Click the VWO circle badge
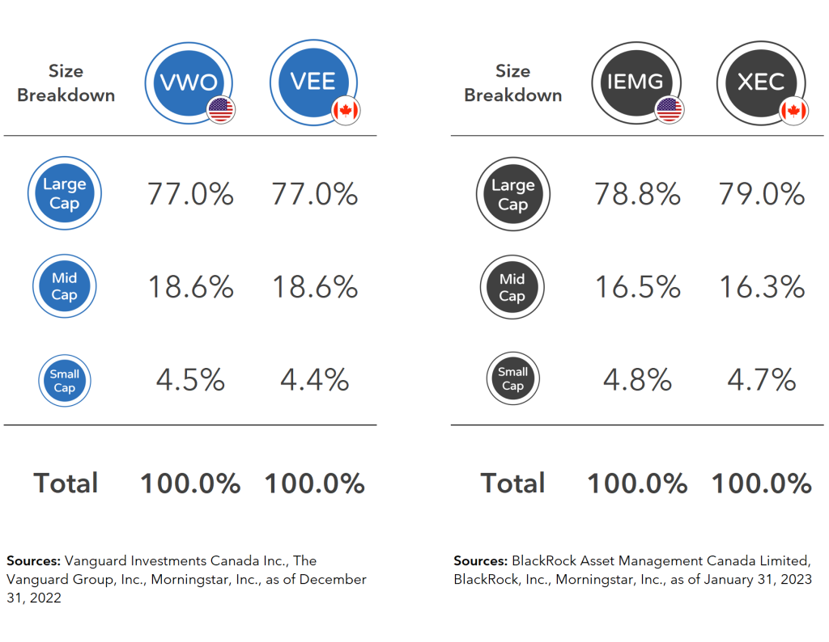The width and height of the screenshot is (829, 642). tap(189, 82)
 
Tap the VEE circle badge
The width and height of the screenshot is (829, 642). tap(313, 82)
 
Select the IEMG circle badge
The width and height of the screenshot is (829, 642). tap(636, 82)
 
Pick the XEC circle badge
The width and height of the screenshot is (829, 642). tap(761, 82)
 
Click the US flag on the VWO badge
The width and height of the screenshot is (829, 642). tap(221, 109)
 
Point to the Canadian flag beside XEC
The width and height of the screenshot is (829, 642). tap(794, 110)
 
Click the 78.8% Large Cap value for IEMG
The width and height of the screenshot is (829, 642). tap(637, 195)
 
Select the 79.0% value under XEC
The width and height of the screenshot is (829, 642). tap(762, 195)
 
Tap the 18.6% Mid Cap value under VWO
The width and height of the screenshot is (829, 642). tap(190, 287)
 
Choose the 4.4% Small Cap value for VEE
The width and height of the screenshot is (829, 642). tap(314, 379)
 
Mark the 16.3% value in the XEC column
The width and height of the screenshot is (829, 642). tap(762, 287)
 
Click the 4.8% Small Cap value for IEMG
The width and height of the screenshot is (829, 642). tap(637, 379)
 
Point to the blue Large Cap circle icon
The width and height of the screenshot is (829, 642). tap(64, 194)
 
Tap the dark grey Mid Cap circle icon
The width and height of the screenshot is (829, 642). tap(512, 287)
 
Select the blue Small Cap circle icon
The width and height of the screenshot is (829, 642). tap(64, 381)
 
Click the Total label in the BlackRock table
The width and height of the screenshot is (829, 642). tap(513, 484)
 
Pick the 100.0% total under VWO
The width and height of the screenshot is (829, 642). tap(190, 484)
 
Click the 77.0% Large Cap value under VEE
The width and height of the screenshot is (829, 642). tap(314, 195)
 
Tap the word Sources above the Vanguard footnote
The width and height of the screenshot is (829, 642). tap(33, 560)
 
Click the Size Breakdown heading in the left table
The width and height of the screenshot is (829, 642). tap(66, 83)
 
